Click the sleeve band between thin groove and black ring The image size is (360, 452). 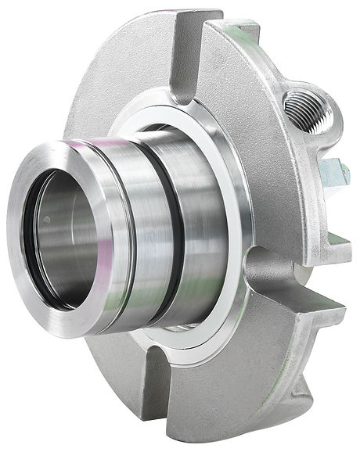point(153,219)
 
